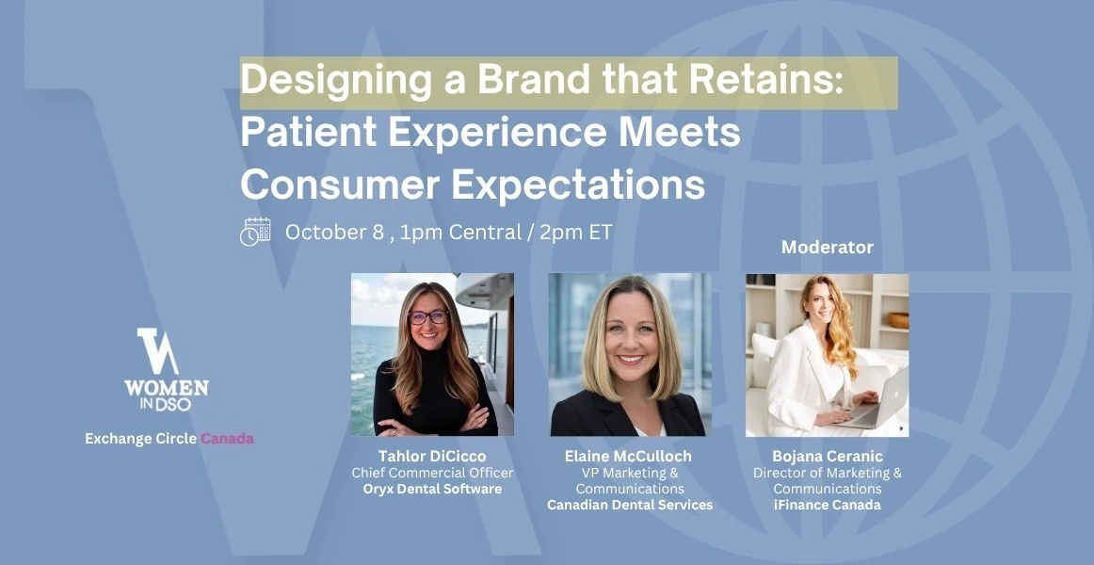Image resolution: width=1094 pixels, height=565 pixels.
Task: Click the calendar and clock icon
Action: (255, 232)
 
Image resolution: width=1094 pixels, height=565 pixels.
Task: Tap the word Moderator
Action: (827, 247)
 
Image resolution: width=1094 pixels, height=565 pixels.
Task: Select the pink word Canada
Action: (228, 439)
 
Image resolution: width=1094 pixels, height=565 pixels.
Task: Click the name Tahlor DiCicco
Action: (432, 456)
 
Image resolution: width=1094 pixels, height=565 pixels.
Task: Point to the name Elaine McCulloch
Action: (628, 456)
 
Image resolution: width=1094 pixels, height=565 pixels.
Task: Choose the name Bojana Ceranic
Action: (827, 456)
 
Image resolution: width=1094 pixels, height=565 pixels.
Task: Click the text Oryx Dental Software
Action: (432, 489)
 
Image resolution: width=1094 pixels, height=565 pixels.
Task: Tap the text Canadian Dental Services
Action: (629, 505)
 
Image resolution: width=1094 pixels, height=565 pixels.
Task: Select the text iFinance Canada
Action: (827, 505)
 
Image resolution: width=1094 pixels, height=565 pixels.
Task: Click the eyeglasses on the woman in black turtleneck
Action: (428, 316)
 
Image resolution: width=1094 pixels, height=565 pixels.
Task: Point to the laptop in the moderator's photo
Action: (876, 400)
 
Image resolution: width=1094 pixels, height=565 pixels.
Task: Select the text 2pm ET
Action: (575, 233)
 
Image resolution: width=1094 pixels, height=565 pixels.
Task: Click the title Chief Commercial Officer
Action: (432, 473)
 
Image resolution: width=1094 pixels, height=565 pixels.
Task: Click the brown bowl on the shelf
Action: (898, 320)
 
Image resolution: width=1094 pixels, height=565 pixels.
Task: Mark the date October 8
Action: (334, 233)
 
